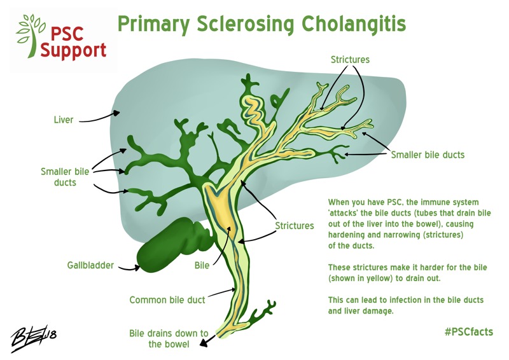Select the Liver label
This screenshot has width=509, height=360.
pos(63,119)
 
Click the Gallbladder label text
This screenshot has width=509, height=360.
pos(91,265)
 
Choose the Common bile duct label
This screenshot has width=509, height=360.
pos(167,300)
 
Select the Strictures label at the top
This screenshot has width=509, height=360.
pos(350,60)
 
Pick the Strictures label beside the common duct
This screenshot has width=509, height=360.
pos(294,226)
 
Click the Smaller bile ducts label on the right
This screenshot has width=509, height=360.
pos(428,155)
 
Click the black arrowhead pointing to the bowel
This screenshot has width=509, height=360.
pos(203,344)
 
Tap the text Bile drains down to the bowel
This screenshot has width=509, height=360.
pos(169,339)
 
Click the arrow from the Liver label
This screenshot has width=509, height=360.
pos(102,116)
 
